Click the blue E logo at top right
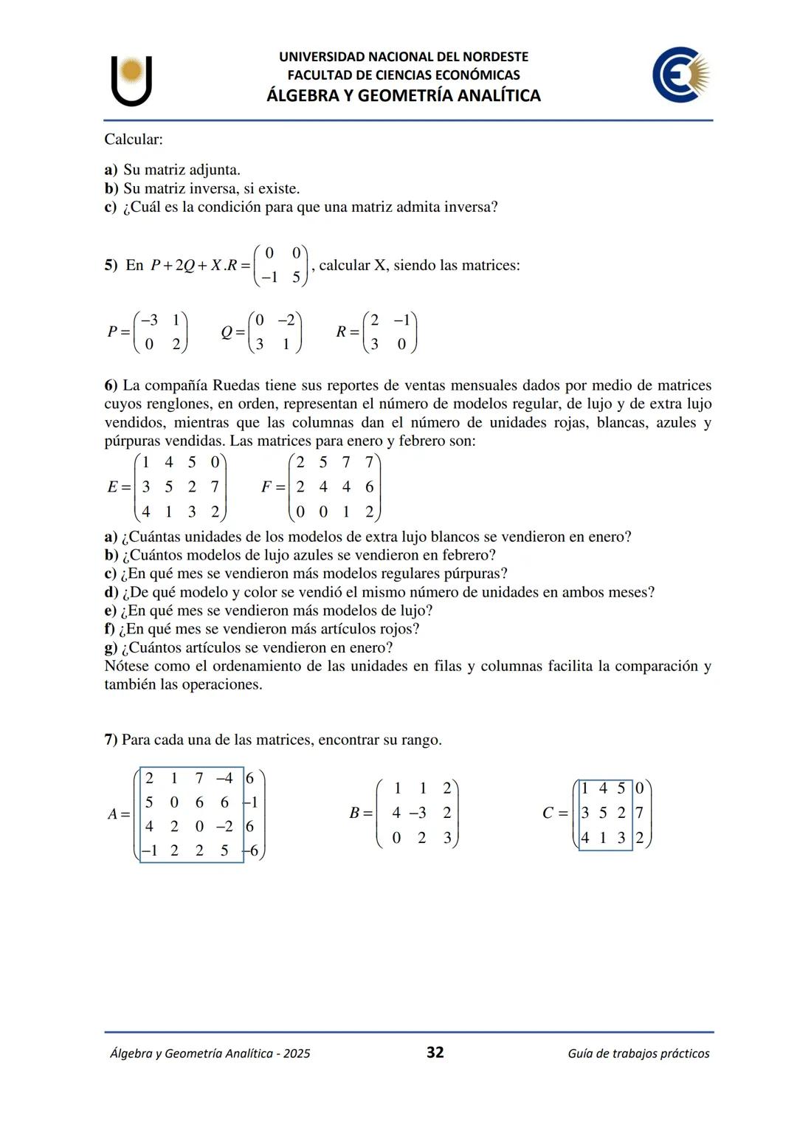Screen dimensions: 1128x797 pos(680,75)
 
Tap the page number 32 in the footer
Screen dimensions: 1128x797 pos(435,1052)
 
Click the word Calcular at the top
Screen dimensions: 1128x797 pos(133,139)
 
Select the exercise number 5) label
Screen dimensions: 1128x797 pos(111,265)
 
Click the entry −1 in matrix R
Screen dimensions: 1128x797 pos(401,320)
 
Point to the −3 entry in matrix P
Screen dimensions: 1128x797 pos(149,320)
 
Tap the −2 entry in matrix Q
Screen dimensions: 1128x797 pos(286,320)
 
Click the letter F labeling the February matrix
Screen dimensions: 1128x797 pos(266,486)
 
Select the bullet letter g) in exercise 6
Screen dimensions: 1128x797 pos(111,647)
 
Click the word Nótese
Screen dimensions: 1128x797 pos(127,666)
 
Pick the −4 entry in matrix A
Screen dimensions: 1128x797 pos(224,778)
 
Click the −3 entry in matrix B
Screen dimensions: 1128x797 pos(418,813)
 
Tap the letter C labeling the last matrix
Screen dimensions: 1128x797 pos(548,813)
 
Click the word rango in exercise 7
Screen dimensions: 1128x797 pos(418,740)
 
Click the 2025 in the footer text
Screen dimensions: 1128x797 pos(296,1053)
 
